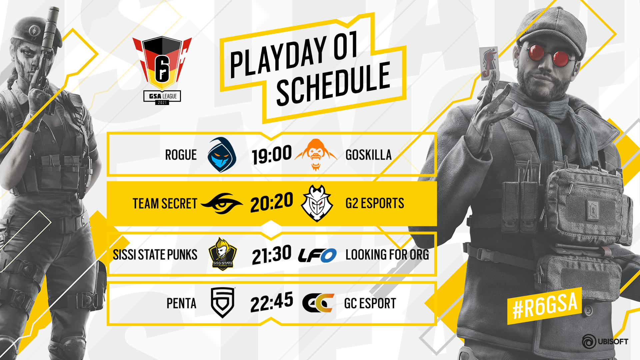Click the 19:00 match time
272,155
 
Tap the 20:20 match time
272,203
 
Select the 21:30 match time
272,255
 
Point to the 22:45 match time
272,302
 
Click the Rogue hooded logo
222,155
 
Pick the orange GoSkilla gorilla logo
316,155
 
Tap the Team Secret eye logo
222,203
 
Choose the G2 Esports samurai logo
317,203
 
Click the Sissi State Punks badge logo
223,254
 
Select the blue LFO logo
317,255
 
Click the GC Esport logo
318,303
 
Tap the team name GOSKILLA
368,155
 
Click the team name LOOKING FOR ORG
387,255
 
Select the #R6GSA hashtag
545,306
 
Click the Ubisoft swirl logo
589,342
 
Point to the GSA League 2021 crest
162,70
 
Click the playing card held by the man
489,63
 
